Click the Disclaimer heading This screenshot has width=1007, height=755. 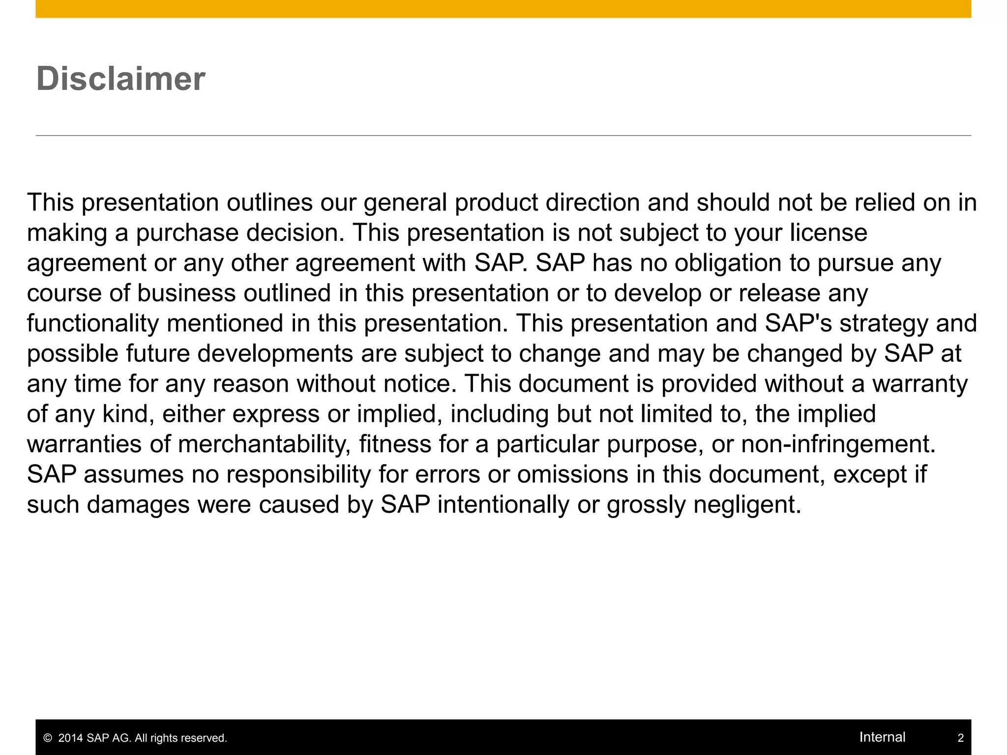pos(120,79)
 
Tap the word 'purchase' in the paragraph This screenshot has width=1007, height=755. pos(187,233)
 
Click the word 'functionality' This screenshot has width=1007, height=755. pos(93,323)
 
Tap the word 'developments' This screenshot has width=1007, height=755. pos(275,354)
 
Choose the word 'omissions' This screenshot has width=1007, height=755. pos(572,474)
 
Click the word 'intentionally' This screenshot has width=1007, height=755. pos(503,505)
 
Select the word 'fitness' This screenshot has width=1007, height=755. pos(395,444)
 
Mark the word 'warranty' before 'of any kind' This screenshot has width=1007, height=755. pos(920,384)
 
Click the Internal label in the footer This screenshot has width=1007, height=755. pos(882,737)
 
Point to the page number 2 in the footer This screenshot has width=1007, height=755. pos(960,738)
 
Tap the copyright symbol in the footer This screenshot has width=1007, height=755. pos(48,738)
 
